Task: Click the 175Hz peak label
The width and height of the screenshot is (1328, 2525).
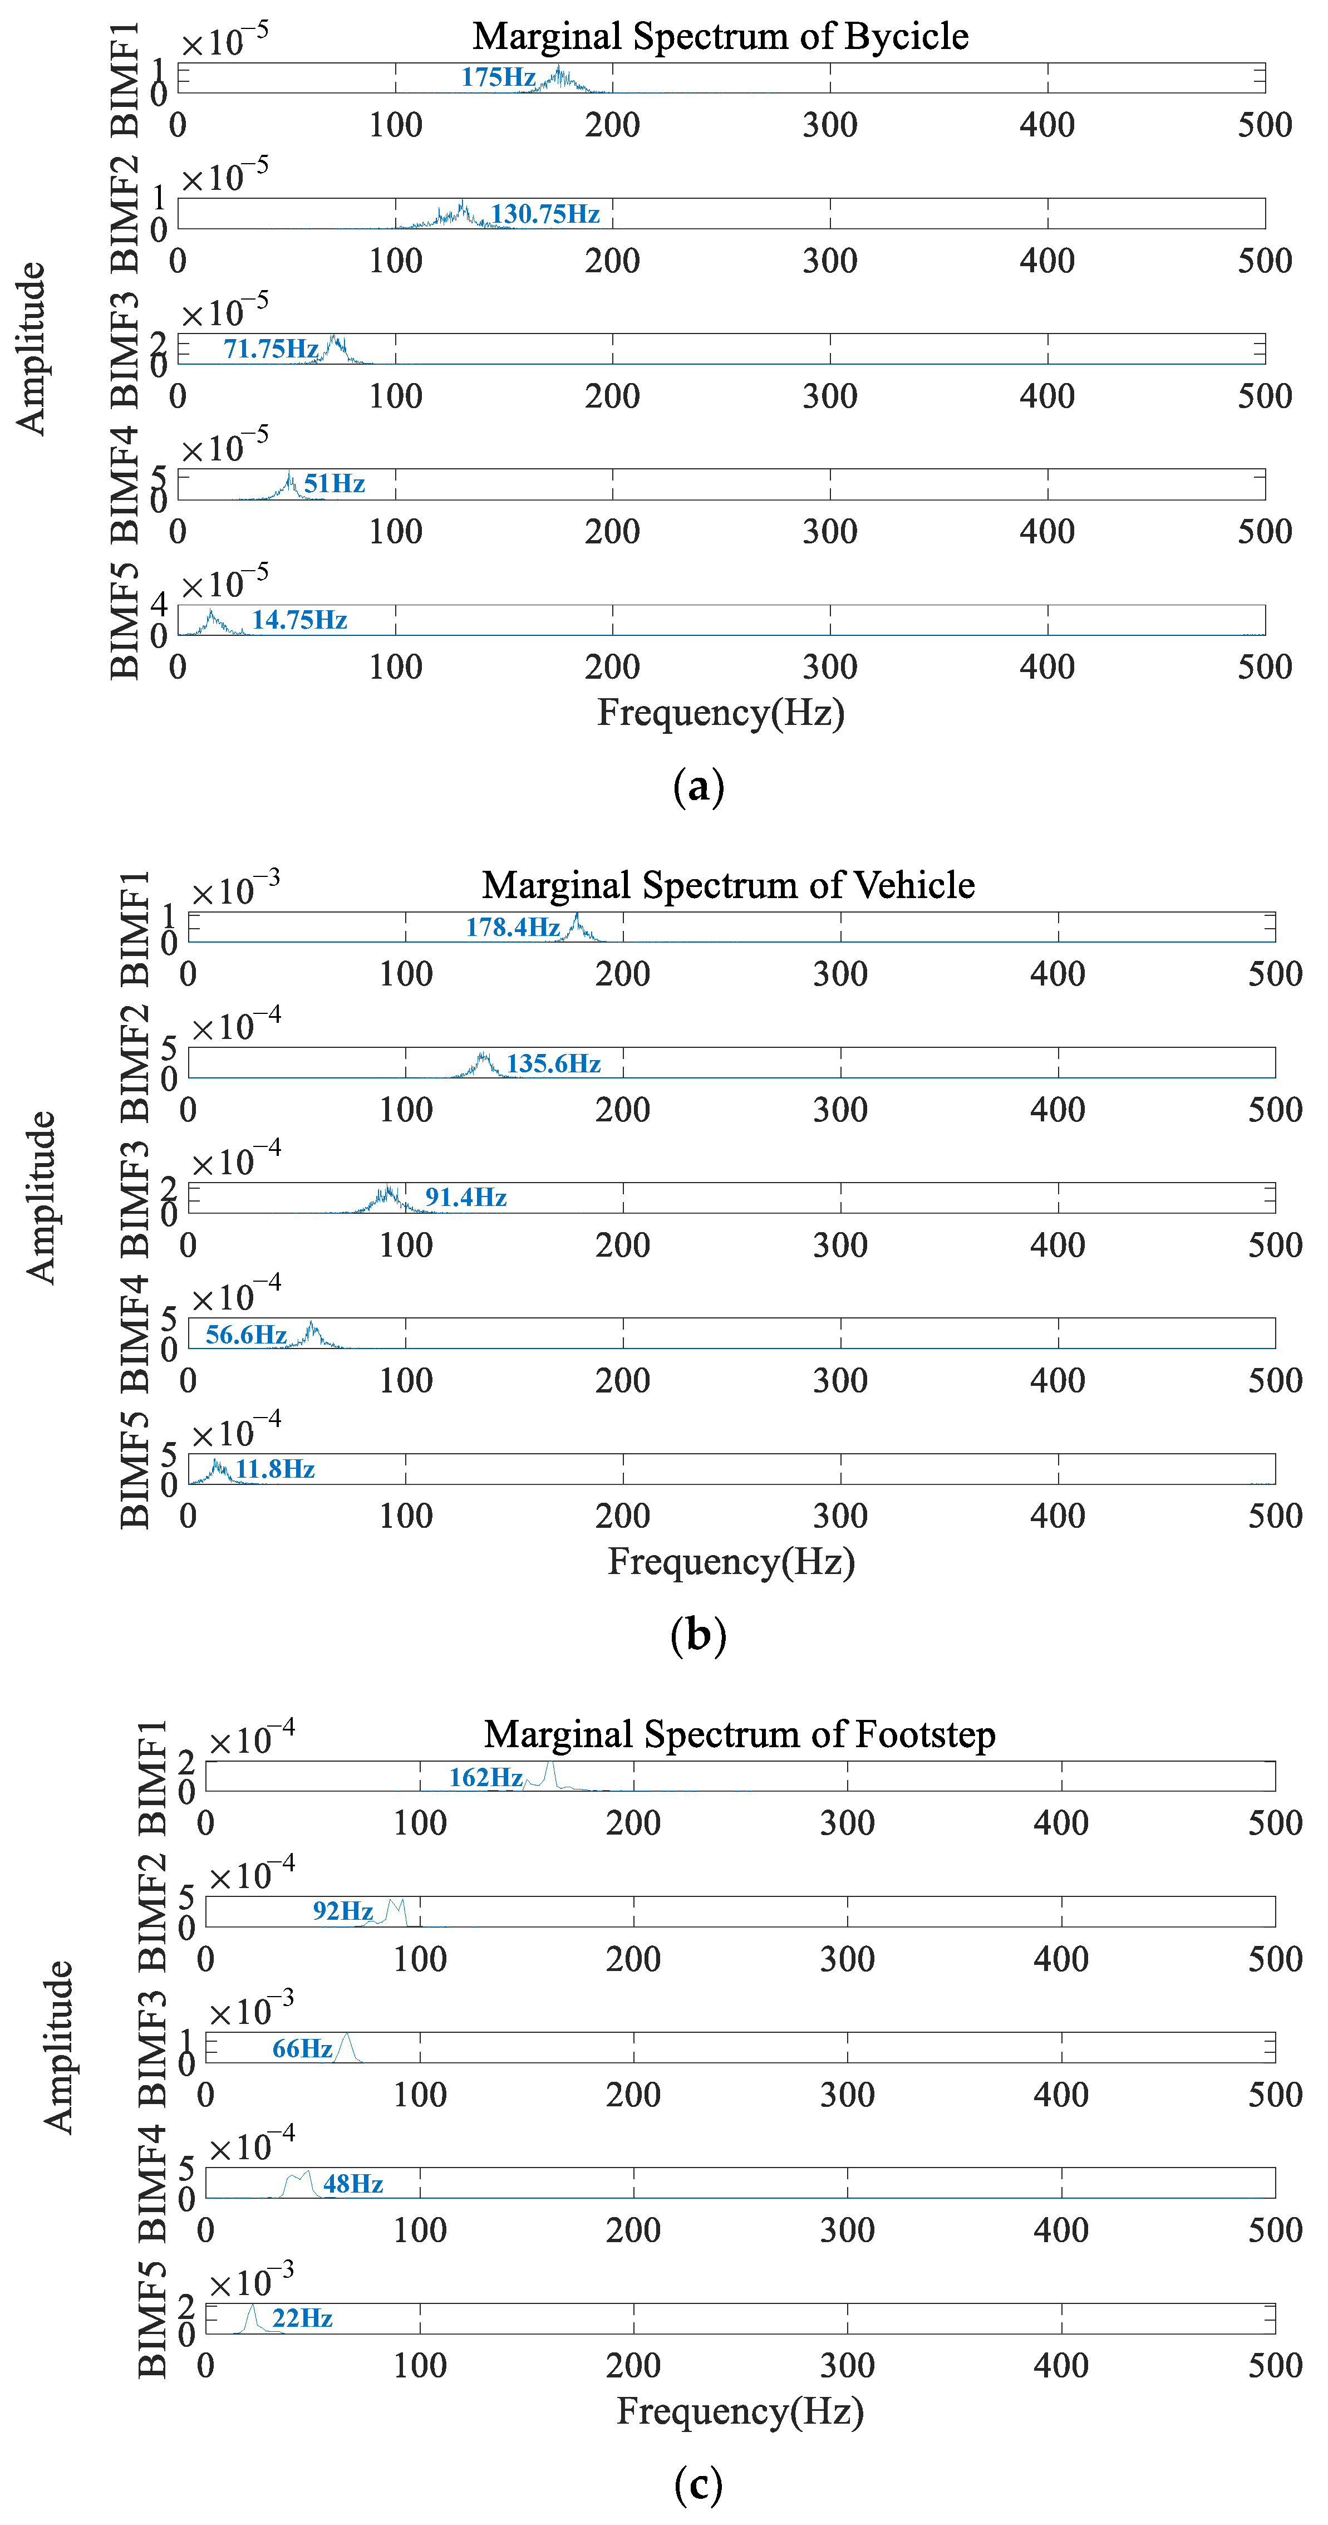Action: click(x=498, y=77)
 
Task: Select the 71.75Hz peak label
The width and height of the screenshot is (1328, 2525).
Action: click(x=270, y=349)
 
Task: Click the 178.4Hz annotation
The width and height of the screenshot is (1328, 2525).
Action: click(x=513, y=927)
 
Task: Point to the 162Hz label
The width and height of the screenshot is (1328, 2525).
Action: click(x=485, y=1777)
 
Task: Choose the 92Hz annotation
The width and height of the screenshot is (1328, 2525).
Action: click(x=343, y=1911)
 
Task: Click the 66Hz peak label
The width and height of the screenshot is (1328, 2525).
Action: click(x=302, y=2048)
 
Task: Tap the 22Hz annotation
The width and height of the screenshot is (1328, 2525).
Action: click(x=302, y=2318)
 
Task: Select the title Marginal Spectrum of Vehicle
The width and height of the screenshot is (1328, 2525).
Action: click(x=728, y=885)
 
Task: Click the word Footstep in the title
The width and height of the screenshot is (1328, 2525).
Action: click(x=925, y=1735)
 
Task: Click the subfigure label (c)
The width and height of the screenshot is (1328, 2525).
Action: click(x=698, y=2485)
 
